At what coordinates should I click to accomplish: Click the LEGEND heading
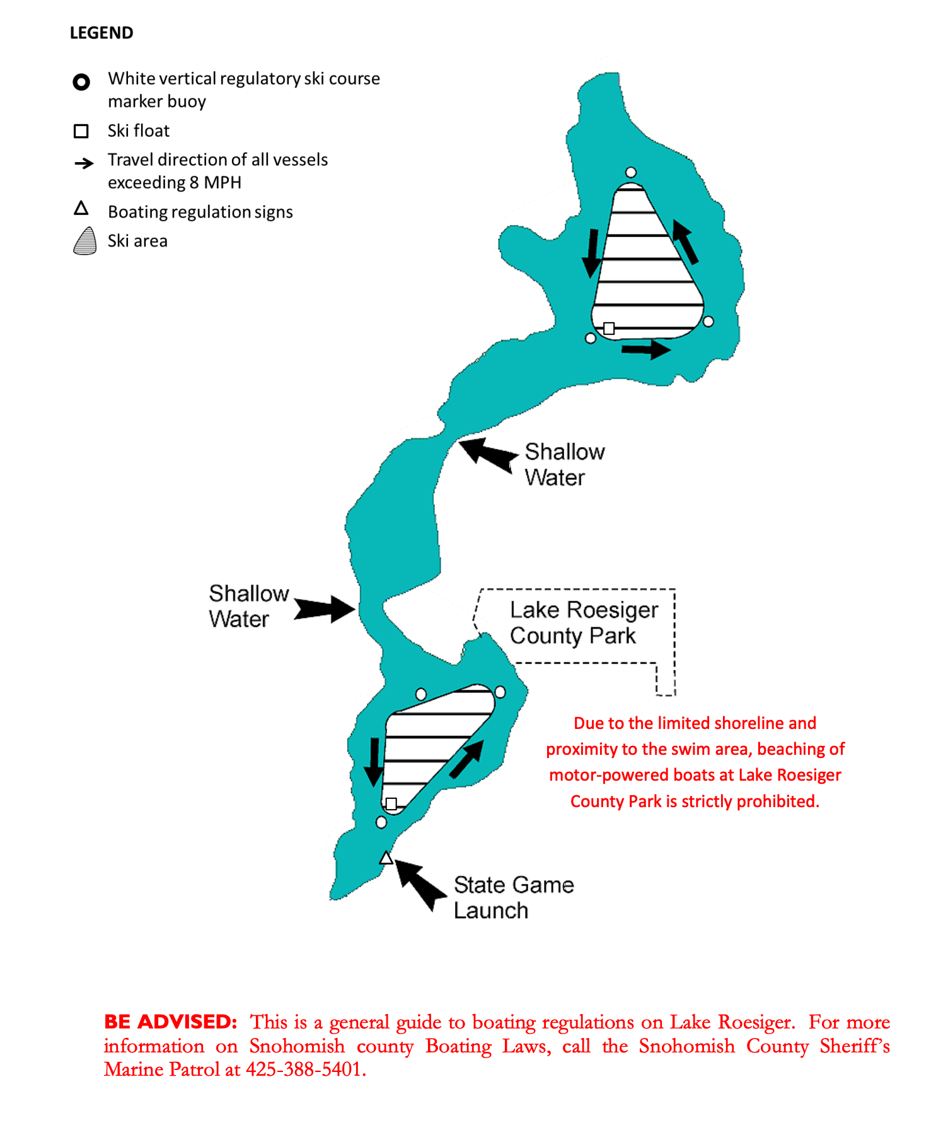click(101, 33)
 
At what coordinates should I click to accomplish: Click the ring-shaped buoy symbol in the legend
click(81, 82)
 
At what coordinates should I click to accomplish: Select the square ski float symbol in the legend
click(81, 131)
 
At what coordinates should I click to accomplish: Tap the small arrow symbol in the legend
click(84, 164)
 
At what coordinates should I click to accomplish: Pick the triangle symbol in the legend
click(81, 208)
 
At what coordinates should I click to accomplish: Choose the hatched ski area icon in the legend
click(85, 241)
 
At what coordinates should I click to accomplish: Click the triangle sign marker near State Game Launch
click(386, 858)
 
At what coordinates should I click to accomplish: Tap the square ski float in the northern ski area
click(609, 328)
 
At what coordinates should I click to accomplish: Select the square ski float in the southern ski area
click(391, 803)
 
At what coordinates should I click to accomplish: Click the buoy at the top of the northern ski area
click(631, 172)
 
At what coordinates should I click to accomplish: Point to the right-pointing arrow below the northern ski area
click(646, 349)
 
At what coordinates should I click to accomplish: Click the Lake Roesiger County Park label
click(584, 622)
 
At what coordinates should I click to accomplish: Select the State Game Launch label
click(513, 897)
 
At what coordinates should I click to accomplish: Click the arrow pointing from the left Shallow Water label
click(325, 609)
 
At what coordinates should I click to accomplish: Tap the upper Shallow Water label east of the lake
click(564, 465)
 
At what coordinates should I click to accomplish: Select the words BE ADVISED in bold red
click(170, 1022)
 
